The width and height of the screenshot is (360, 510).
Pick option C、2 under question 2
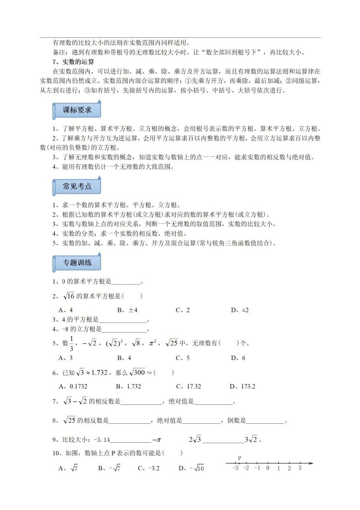(x=183, y=310)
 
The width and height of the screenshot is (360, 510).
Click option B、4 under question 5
(x=124, y=358)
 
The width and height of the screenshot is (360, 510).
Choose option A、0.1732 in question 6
(x=70, y=386)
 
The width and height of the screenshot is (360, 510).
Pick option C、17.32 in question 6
(x=188, y=386)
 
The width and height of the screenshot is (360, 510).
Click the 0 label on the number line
(x=267, y=468)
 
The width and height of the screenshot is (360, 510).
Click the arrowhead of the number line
(x=311, y=463)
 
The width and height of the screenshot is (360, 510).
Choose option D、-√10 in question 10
(x=192, y=468)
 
